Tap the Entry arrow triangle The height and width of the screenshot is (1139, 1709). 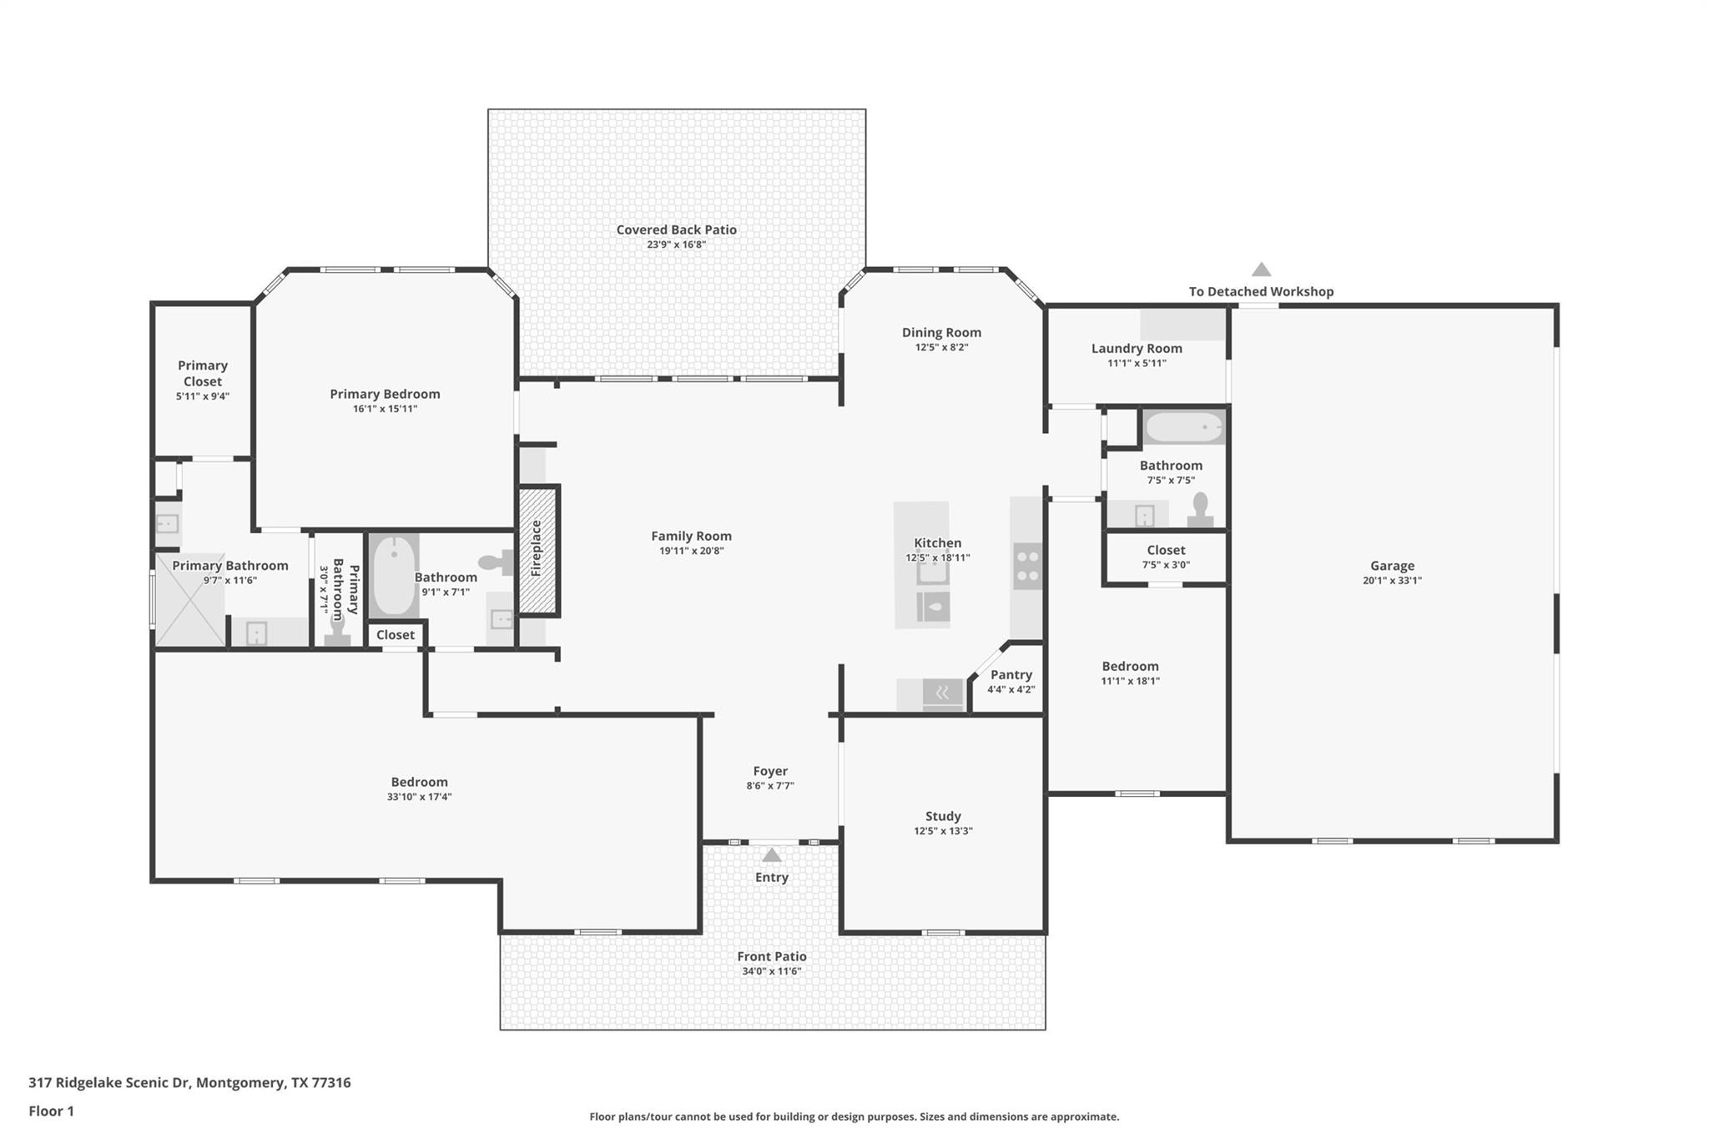772,855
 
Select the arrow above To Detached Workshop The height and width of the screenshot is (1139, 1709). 1261,270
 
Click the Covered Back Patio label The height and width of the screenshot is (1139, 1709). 676,229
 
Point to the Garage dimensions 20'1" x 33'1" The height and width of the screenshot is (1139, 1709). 1392,581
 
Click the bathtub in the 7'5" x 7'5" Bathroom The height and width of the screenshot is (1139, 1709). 1183,428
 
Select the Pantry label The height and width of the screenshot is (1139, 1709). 1011,674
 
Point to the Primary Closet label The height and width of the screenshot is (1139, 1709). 203,373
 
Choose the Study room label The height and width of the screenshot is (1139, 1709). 943,816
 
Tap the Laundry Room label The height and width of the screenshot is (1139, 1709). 1137,349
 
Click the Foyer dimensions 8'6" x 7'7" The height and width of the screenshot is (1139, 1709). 770,786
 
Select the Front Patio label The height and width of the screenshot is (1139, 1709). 771,956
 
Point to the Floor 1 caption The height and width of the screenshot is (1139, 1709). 51,1111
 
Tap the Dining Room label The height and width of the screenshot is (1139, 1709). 941,332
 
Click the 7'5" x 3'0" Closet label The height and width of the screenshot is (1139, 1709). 1166,550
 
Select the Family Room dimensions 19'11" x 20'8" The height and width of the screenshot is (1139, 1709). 691,551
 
